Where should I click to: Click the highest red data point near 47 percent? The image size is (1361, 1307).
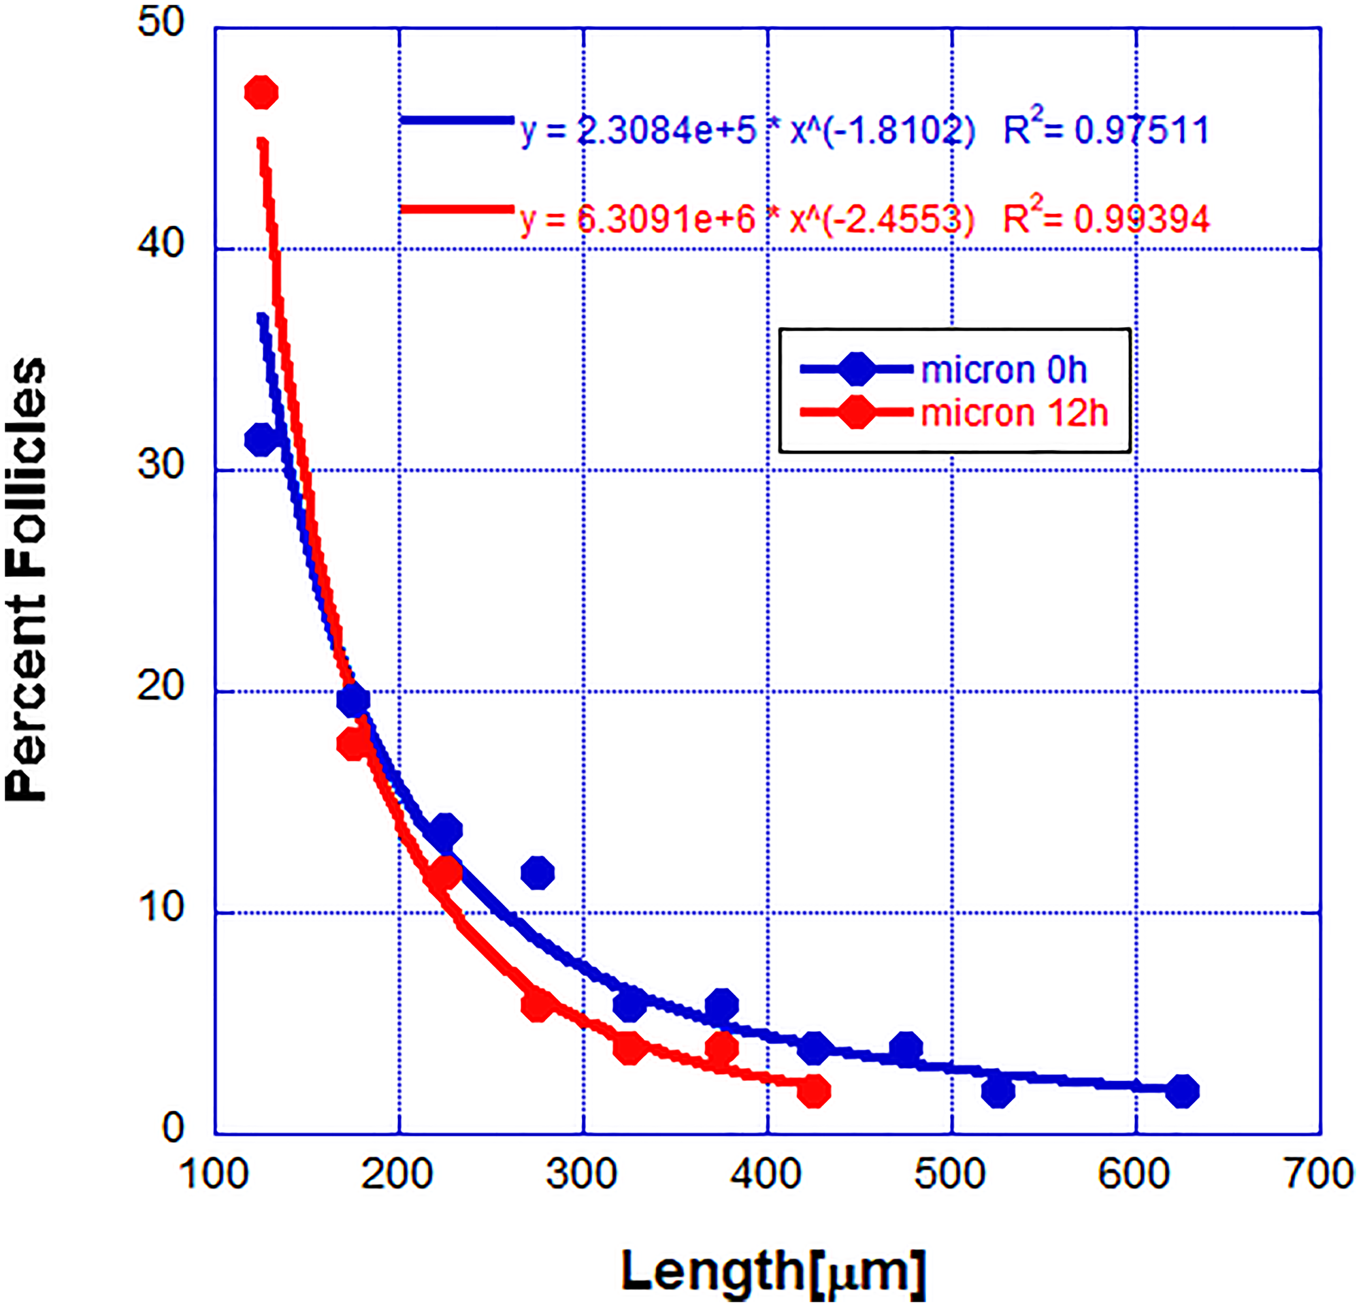point(261,93)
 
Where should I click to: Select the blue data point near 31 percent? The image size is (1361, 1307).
point(261,439)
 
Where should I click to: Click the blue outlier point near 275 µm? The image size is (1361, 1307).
point(538,872)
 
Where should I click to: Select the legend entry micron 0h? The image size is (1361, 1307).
point(1003,371)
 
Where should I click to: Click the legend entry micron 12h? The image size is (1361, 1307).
point(1013,413)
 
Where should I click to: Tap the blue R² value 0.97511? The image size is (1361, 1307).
point(1142,131)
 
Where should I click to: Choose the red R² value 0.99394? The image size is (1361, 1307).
point(1142,219)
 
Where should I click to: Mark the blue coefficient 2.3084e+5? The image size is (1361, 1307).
point(667,131)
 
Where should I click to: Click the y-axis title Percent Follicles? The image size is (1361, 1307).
point(27,580)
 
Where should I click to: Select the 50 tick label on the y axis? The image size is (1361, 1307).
point(161,22)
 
